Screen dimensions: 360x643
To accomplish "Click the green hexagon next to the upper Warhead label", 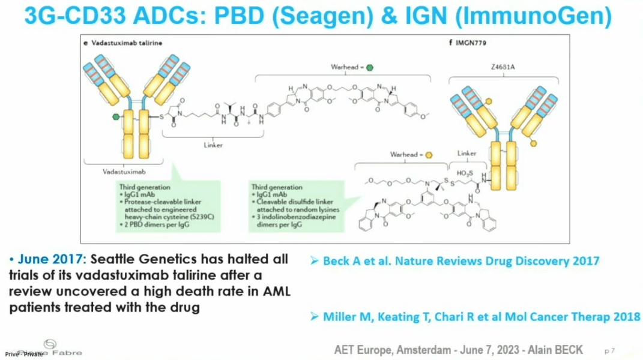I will pyautogui.click(x=370, y=67).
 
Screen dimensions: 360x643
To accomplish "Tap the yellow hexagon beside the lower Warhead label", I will pyautogui.click(x=429, y=154).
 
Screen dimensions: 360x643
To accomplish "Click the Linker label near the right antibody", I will pyautogui.click(x=467, y=154).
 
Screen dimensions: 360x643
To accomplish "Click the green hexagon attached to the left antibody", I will pyautogui.click(x=115, y=117).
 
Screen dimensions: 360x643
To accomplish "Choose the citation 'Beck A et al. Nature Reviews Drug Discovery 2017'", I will pyautogui.click(x=460, y=261).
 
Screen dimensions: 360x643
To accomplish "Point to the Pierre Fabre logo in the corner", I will pyautogui.click(x=49, y=349).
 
